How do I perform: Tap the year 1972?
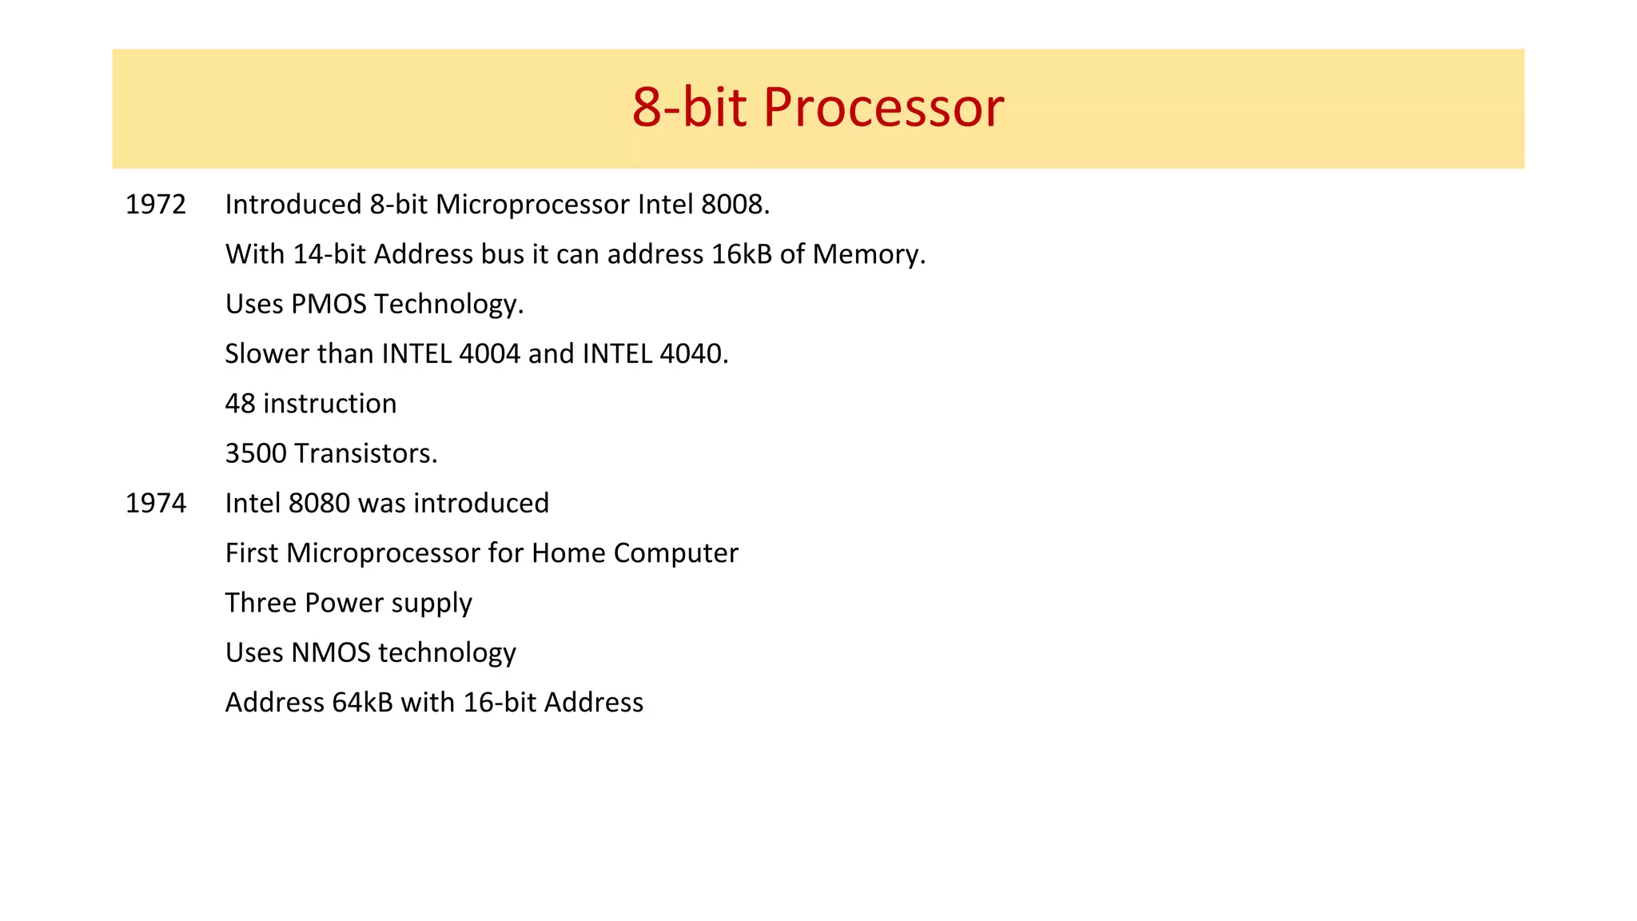156,205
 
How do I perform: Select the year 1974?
156,504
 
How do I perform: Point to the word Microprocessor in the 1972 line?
532,205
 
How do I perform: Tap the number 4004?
490,354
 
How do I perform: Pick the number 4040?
692,354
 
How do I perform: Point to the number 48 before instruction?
240,404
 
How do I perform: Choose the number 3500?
256,454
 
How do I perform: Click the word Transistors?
365,454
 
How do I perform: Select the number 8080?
319,504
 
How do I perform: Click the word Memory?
868,254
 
